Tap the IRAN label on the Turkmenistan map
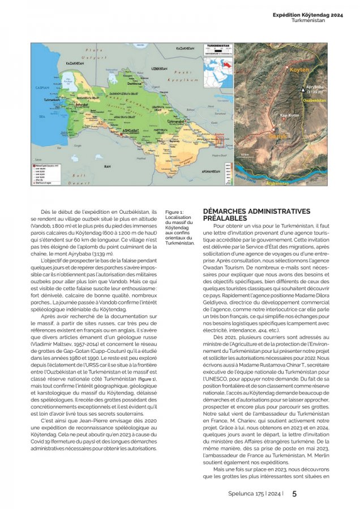(107, 167)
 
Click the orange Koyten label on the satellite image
(299, 70)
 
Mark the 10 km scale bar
(245, 156)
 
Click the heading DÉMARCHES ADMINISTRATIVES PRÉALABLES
(256, 214)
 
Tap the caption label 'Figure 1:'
(174, 212)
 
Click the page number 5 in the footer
(294, 493)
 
